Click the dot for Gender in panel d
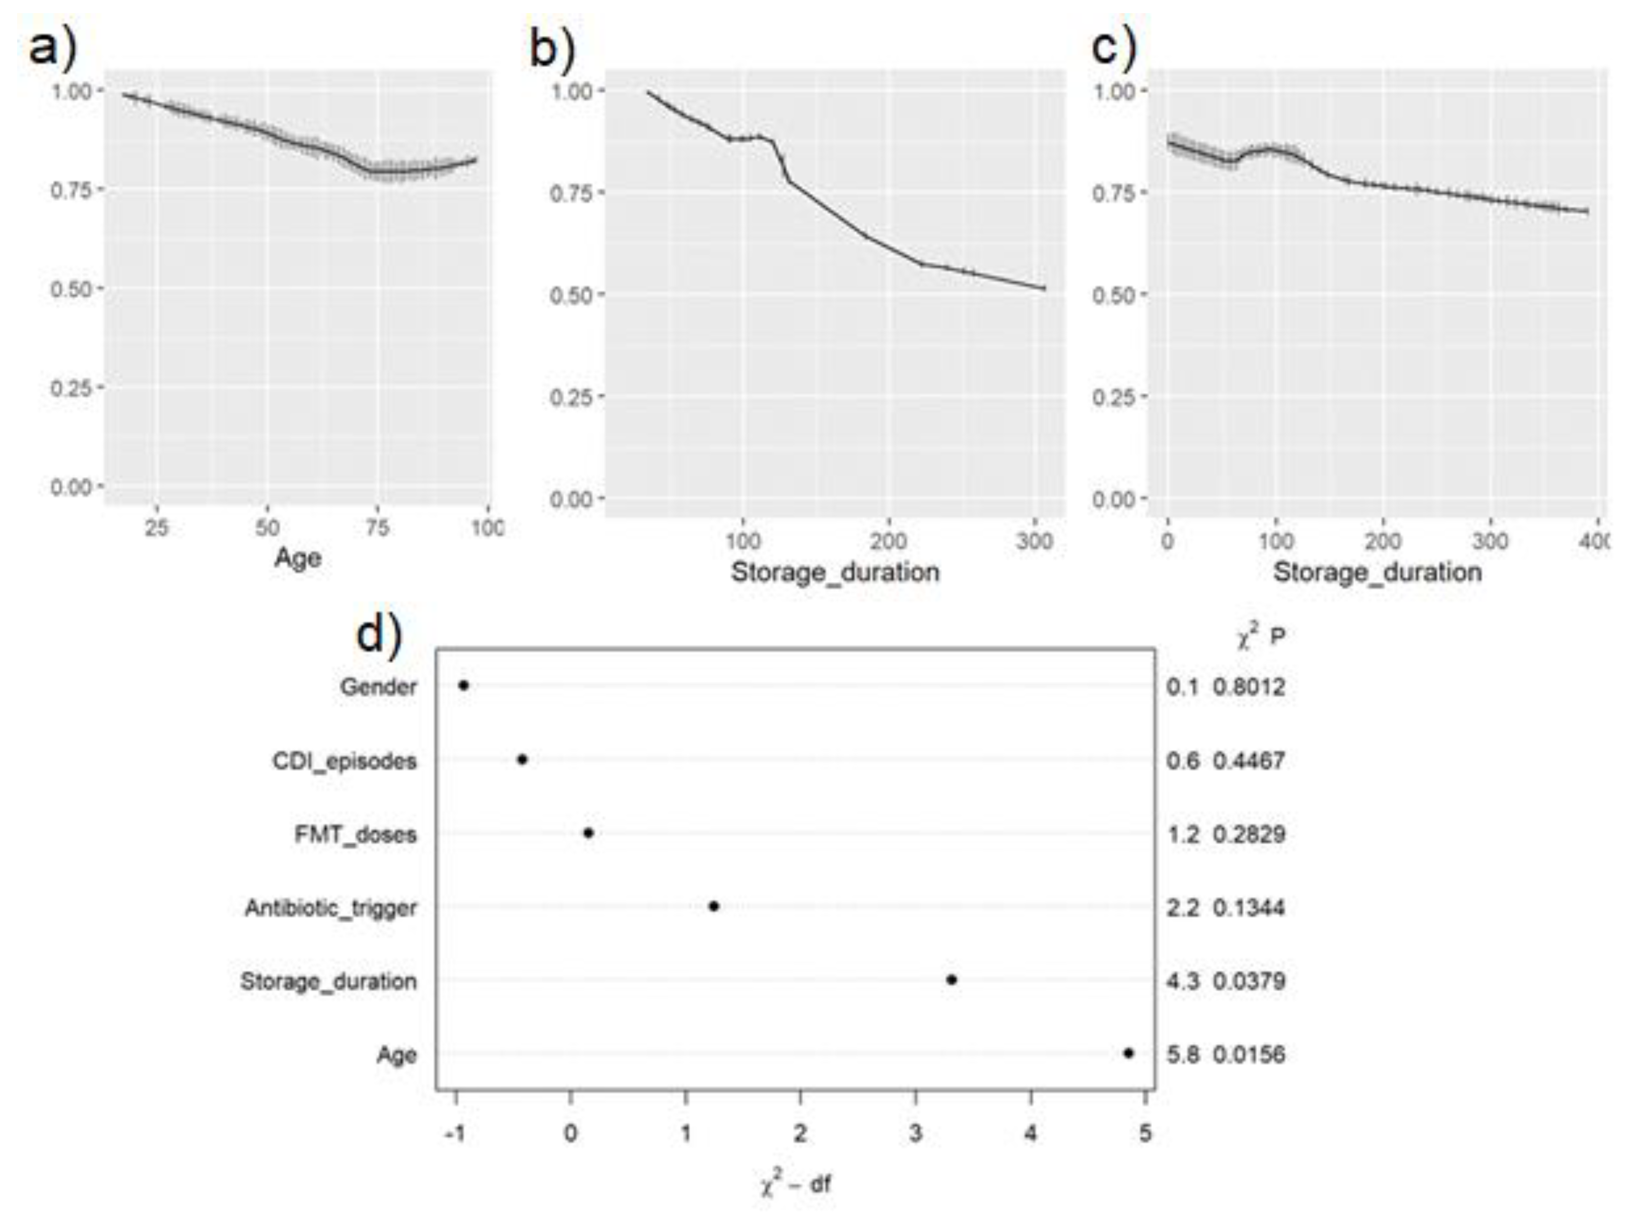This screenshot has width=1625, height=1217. point(463,686)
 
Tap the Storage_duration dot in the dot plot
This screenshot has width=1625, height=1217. point(952,980)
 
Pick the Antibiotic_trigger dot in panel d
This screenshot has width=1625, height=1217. point(713,906)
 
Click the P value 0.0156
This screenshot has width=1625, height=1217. point(1249,1055)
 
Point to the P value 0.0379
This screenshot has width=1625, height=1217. point(1249,981)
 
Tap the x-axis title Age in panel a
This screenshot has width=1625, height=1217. point(298,558)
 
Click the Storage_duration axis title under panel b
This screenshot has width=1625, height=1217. point(835,572)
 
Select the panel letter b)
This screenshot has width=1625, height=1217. point(553,48)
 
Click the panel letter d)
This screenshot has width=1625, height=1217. point(379,633)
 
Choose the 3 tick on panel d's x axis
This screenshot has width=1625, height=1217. point(915,1134)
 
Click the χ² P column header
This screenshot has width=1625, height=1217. point(1260,637)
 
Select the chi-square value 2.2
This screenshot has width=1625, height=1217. point(1183,908)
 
